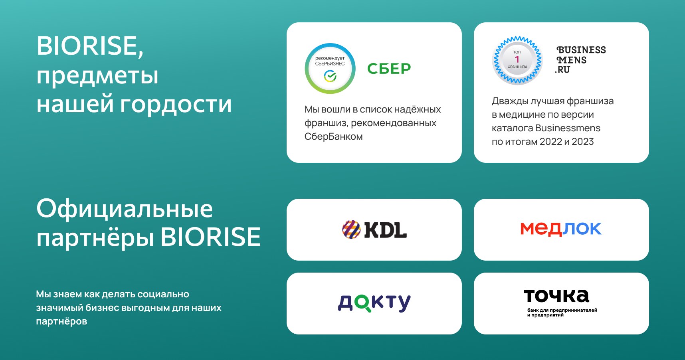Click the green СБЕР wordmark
coord(389,69)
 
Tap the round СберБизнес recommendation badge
coord(330,69)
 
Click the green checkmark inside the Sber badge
coord(330,75)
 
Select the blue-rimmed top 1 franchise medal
coord(517,61)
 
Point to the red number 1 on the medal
coord(517,59)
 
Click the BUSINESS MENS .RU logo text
coord(580,60)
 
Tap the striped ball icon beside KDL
coord(351,229)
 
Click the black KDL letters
coord(385,230)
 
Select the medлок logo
coord(561,229)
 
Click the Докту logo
coord(374,303)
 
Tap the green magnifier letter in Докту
coord(363,304)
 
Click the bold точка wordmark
coord(556,296)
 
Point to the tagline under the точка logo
coord(562,313)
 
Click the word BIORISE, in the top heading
coord(90,46)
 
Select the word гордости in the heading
coord(176,104)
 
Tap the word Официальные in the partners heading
coord(125,208)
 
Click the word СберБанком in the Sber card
coord(334,136)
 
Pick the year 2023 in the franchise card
coord(583,142)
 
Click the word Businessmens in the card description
coord(568,128)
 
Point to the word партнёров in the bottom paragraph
coord(61,322)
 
